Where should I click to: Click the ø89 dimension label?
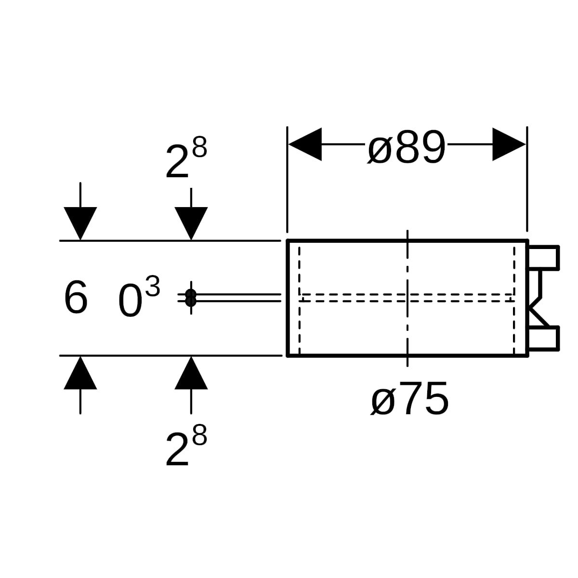pos(406,147)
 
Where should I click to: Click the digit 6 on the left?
pos(76,298)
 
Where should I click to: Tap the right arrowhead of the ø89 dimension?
pos(509,144)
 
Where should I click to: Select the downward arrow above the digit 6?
pos(80,223)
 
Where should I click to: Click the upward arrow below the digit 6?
pos(80,373)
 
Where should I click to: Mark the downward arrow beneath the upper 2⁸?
pos(191,223)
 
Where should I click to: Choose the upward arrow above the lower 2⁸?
pos(191,373)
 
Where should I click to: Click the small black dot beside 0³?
pos(191,298)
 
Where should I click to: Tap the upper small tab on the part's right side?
pos(544,257)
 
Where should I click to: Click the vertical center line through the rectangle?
pos(407,270)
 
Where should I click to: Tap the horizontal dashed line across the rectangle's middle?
pos(356,297)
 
